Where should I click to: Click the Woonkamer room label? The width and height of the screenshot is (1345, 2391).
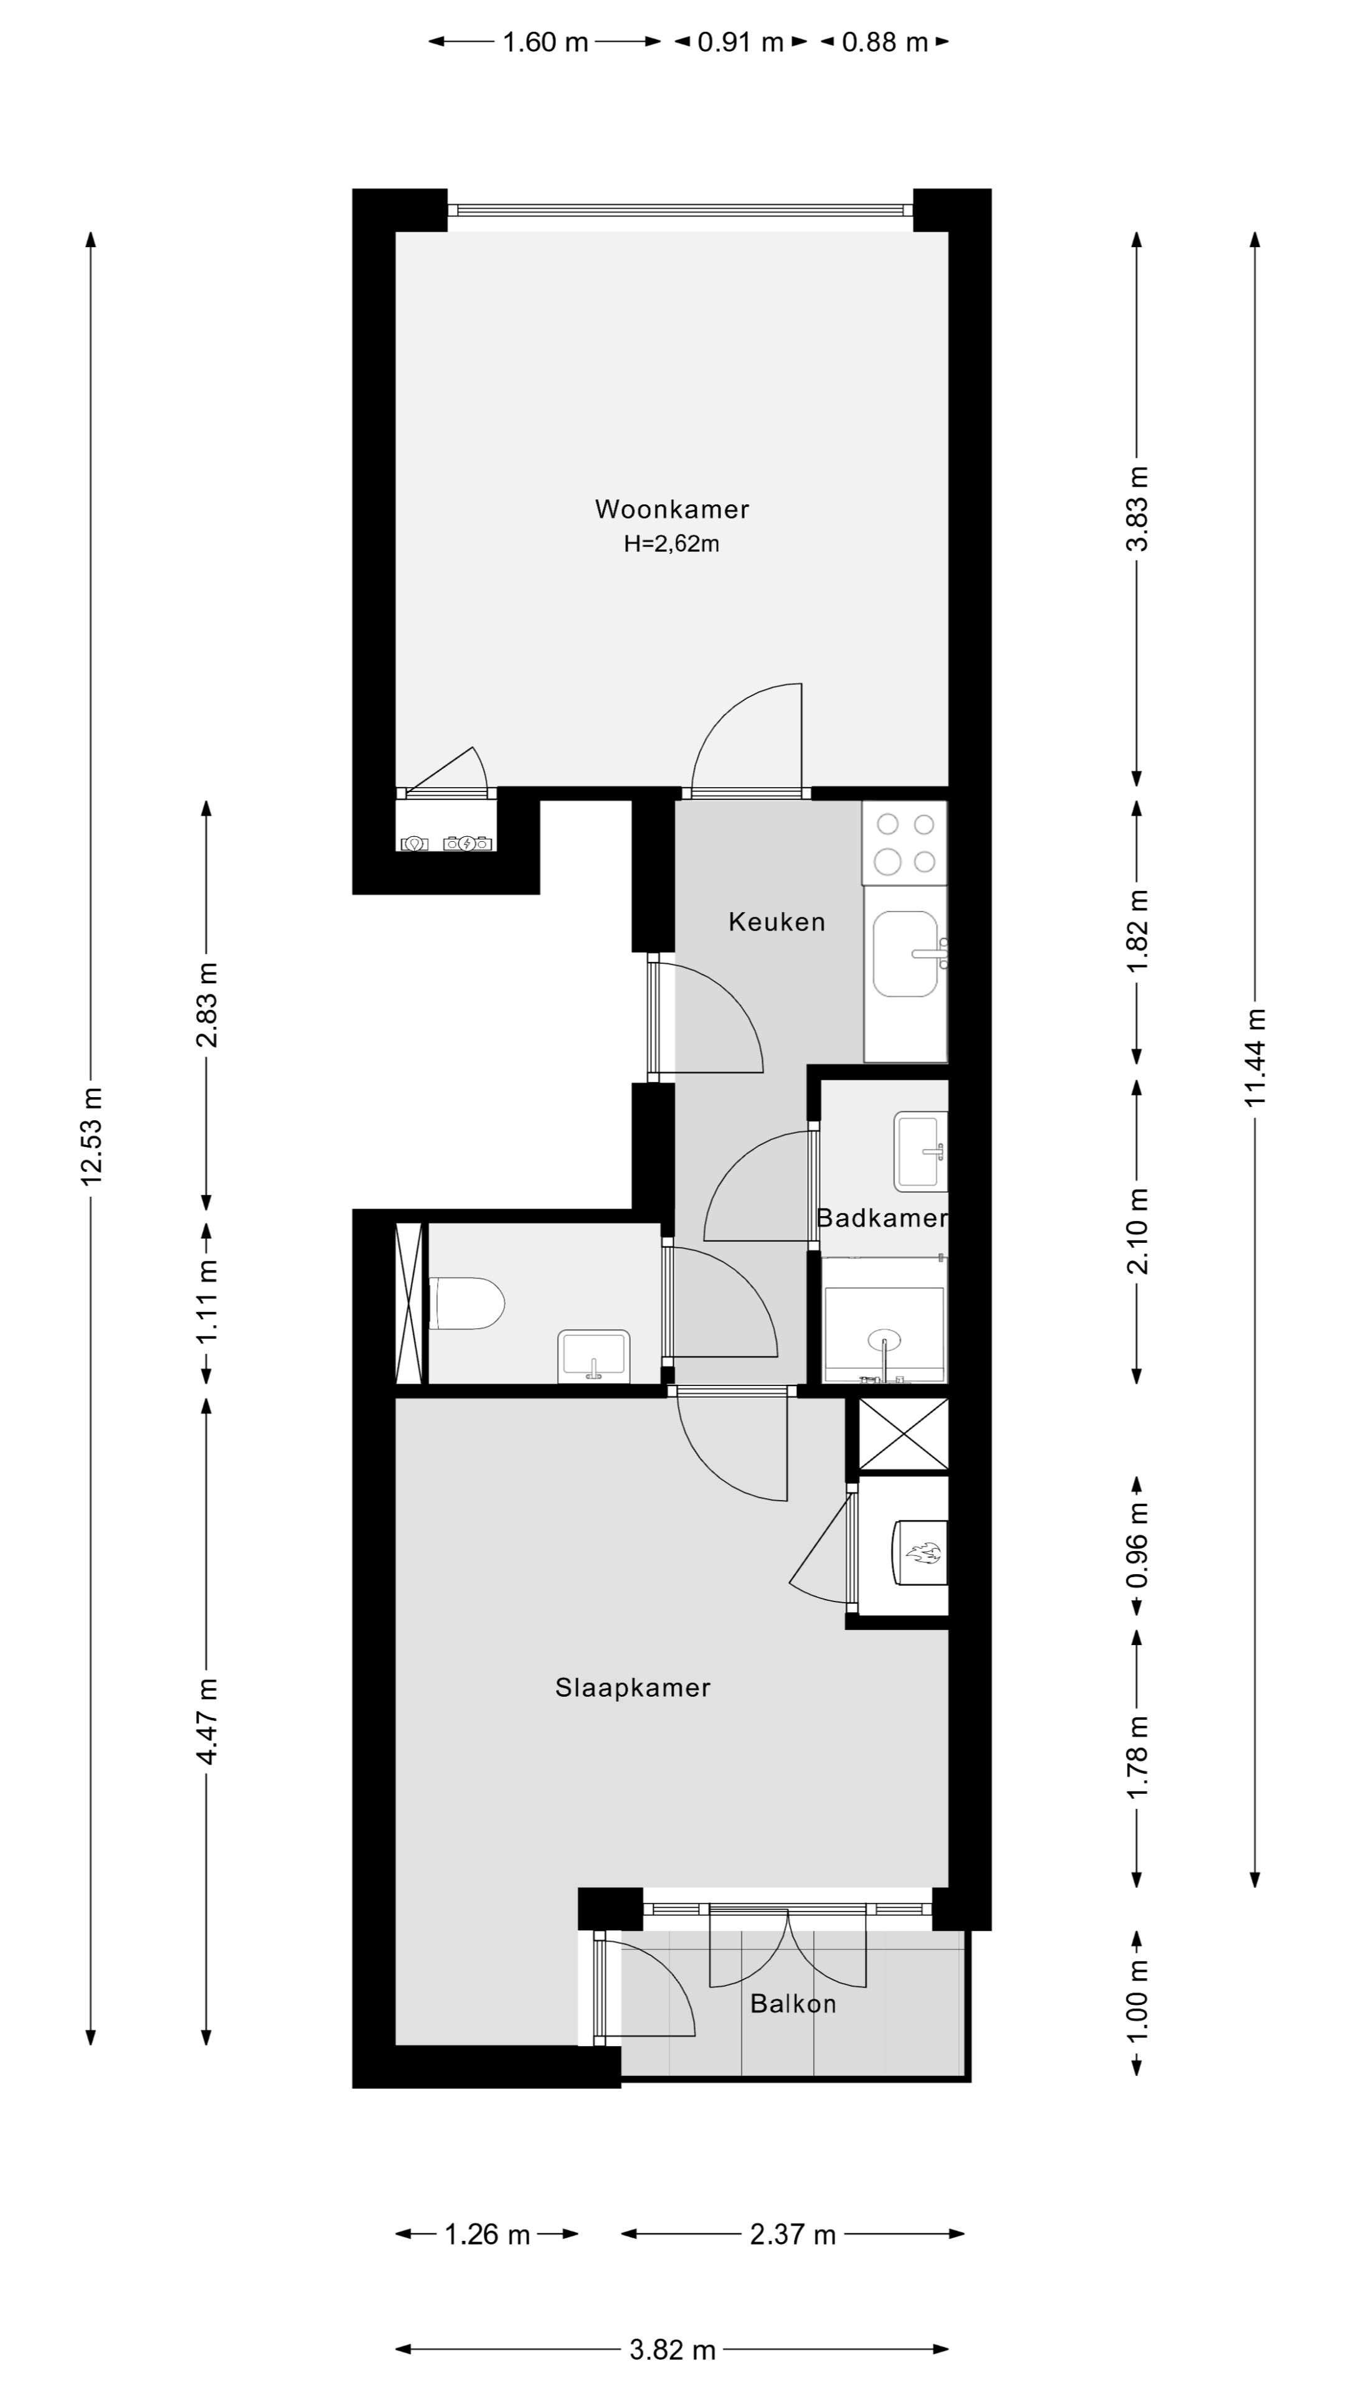(x=671, y=509)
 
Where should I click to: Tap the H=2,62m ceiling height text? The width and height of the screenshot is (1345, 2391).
(x=671, y=544)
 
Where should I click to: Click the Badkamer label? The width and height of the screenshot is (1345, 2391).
(x=881, y=1218)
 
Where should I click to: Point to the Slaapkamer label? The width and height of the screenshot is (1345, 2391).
(x=632, y=1687)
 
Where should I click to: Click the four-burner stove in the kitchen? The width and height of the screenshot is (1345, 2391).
(x=905, y=843)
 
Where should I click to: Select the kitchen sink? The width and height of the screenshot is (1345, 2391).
(x=905, y=953)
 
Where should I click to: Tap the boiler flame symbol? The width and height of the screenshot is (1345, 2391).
(x=923, y=1553)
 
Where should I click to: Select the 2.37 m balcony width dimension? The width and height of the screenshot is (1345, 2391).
(x=793, y=2235)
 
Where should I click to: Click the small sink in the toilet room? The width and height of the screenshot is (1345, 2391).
(x=593, y=1357)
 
